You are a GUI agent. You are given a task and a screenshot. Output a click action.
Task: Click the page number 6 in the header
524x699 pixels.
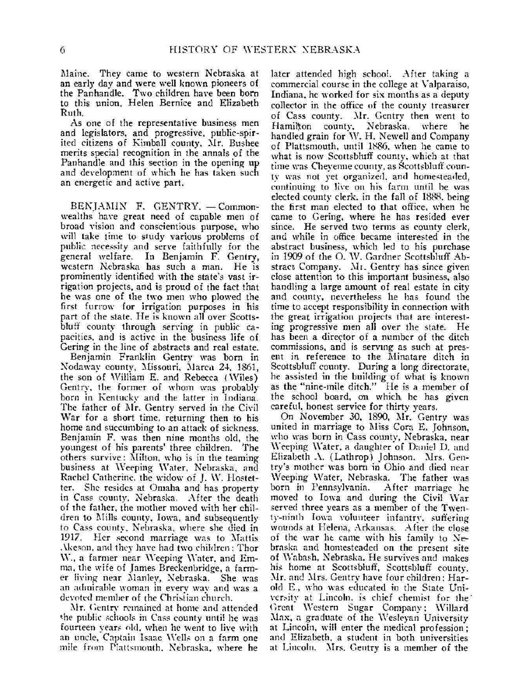point(62,50)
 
